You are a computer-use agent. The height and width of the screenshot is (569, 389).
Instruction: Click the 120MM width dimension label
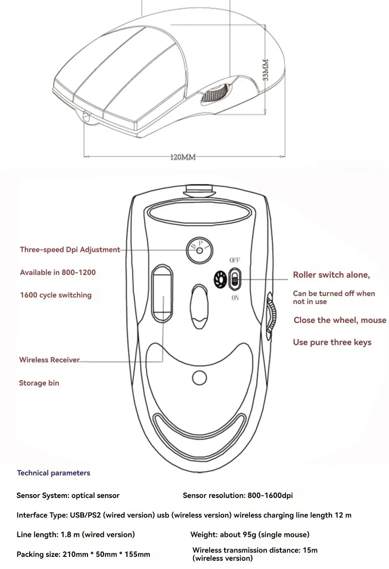[x=182, y=158]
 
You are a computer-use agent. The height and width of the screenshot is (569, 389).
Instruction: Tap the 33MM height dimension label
[x=266, y=72]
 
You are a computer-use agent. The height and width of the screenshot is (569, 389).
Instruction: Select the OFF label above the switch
[x=235, y=261]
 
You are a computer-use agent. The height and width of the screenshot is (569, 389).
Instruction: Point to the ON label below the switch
[x=235, y=298]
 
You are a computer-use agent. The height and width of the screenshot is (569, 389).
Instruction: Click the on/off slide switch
[x=235, y=279]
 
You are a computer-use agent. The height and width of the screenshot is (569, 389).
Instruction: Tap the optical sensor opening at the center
[x=200, y=307]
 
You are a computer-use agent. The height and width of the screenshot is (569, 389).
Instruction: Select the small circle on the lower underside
[x=199, y=377]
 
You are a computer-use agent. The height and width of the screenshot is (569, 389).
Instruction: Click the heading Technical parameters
[x=53, y=473]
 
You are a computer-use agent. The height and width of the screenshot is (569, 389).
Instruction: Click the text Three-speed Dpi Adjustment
[x=70, y=249]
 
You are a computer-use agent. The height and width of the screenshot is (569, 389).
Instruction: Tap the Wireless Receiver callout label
[x=49, y=360]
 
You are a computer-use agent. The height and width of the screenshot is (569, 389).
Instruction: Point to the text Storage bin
[x=39, y=383]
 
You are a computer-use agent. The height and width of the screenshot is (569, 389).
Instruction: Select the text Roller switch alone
[x=331, y=275]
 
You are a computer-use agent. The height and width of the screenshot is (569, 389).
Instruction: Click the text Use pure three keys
[x=332, y=342]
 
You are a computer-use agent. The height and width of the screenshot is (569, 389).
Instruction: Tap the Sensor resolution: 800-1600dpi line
[x=238, y=496]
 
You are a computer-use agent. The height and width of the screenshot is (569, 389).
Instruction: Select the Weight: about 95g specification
[x=249, y=534]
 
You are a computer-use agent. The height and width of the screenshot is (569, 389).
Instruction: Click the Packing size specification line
[x=83, y=554]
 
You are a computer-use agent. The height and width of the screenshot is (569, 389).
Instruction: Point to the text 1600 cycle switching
[x=55, y=295]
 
